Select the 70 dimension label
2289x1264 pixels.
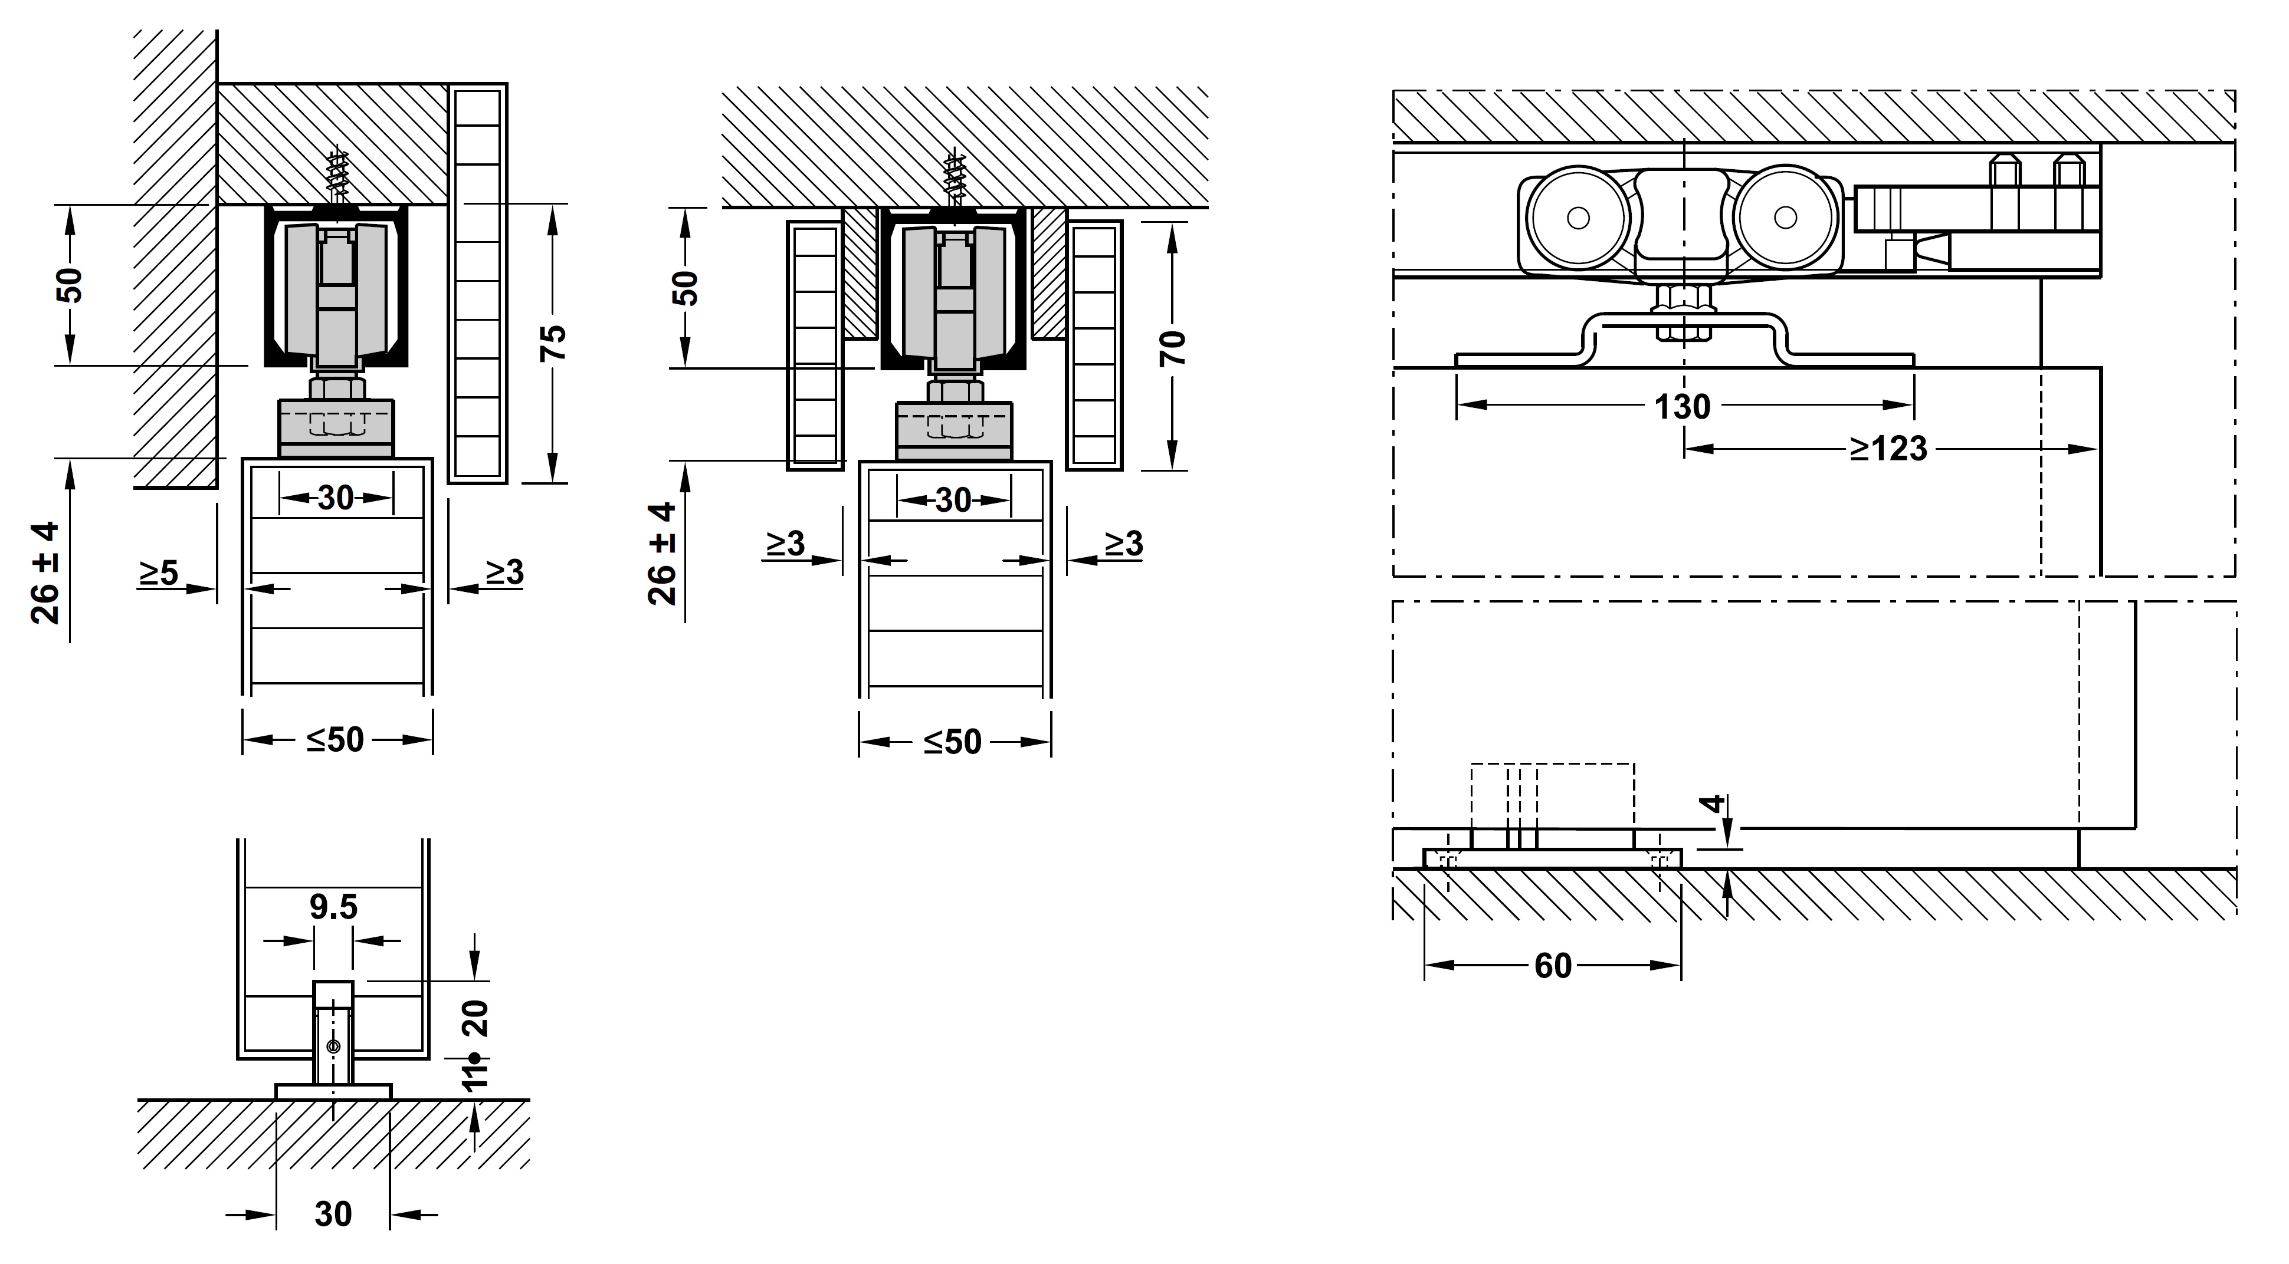coord(1173,347)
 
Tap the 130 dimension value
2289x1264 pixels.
coord(1682,407)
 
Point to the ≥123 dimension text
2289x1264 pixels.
coord(1889,449)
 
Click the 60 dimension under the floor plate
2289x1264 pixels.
coord(1553,966)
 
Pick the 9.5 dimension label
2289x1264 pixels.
coord(333,907)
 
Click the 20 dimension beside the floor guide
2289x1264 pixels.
coord(477,1018)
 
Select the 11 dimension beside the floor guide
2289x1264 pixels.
coord(477,1072)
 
